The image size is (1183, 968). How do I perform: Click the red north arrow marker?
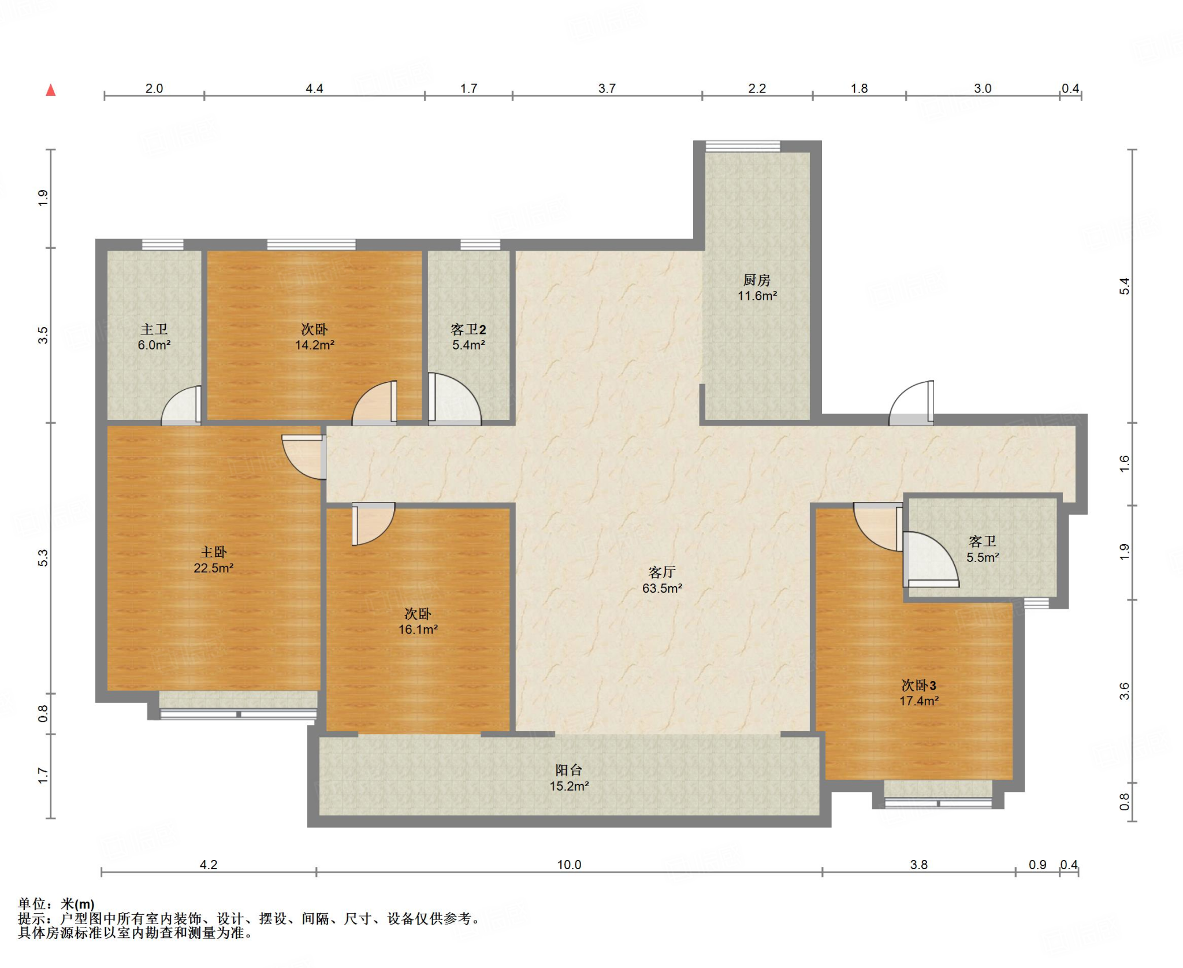pyautogui.click(x=51, y=90)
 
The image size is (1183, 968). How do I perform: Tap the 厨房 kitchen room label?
pyautogui.click(x=757, y=280)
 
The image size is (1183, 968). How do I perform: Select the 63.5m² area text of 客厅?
pyautogui.click(x=662, y=588)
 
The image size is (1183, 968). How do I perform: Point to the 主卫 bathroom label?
pyautogui.click(x=154, y=329)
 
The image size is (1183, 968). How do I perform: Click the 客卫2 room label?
pyautogui.click(x=468, y=329)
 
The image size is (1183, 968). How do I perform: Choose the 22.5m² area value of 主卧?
pyautogui.click(x=213, y=568)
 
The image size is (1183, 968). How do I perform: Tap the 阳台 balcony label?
pyautogui.click(x=569, y=770)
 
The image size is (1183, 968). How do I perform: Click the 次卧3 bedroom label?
pyautogui.click(x=919, y=685)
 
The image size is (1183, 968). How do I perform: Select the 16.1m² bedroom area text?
pyautogui.click(x=418, y=629)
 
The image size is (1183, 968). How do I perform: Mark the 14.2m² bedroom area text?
pyautogui.click(x=315, y=345)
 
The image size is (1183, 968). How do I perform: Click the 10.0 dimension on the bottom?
pyautogui.click(x=569, y=865)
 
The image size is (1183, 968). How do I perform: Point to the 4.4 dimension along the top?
pyautogui.click(x=314, y=88)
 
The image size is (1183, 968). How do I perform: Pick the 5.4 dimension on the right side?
pyautogui.click(x=1124, y=286)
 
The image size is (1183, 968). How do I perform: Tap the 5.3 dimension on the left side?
pyautogui.click(x=43, y=558)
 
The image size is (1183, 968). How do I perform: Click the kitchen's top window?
pyautogui.click(x=743, y=146)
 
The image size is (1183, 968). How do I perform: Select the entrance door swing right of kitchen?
pyautogui.click(x=911, y=403)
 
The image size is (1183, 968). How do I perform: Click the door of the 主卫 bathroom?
pyautogui.click(x=181, y=405)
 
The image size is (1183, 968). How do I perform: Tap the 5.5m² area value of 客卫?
pyautogui.click(x=983, y=557)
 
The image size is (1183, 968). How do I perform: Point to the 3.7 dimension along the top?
pyautogui.click(x=607, y=88)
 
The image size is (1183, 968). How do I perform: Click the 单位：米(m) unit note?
pyautogui.click(x=56, y=904)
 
